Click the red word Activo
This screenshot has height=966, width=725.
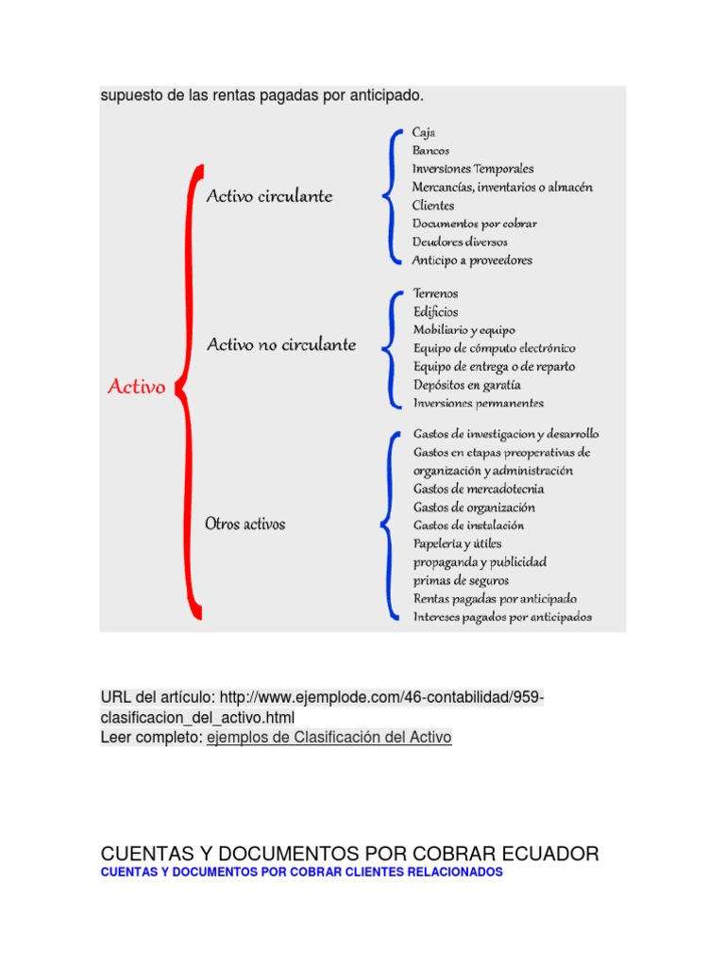(x=137, y=387)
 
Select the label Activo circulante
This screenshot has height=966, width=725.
(x=269, y=196)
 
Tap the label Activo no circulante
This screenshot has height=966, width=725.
(x=281, y=344)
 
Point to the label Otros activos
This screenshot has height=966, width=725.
(x=245, y=523)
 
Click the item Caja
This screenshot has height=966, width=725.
(x=424, y=133)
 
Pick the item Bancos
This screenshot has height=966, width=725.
(x=430, y=151)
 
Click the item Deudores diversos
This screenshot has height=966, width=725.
(x=460, y=242)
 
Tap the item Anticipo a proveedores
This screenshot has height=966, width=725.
(x=472, y=260)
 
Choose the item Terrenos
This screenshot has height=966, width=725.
(x=436, y=294)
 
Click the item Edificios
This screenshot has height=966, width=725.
(x=435, y=312)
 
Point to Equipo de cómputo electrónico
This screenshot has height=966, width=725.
(x=494, y=349)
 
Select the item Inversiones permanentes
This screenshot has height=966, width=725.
(x=479, y=404)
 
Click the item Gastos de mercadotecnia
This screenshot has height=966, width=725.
(x=479, y=489)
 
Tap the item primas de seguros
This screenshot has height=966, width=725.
(x=461, y=580)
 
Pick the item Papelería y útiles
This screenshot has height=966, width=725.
(x=458, y=543)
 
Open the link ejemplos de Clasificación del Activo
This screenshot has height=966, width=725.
(x=329, y=738)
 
